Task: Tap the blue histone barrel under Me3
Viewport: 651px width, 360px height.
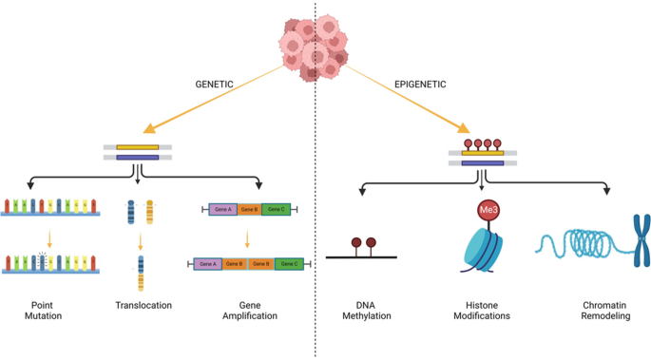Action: pos(485,249)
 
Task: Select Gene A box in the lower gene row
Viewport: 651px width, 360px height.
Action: pos(207,263)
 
